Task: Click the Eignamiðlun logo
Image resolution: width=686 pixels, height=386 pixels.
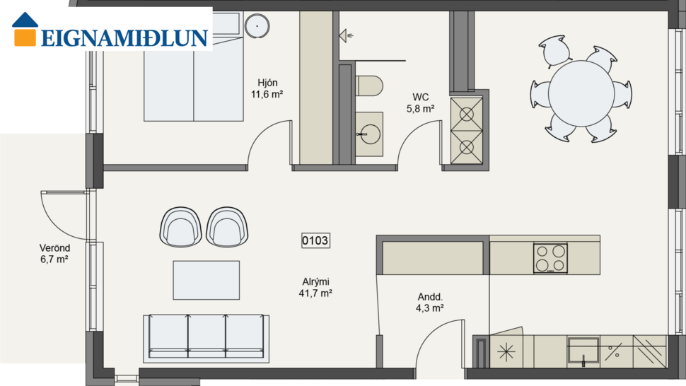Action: (110, 30)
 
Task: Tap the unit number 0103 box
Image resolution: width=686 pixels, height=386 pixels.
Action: (315, 241)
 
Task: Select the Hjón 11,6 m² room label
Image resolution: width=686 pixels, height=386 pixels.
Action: (267, 88)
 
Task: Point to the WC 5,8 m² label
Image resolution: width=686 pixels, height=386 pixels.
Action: (420, 103)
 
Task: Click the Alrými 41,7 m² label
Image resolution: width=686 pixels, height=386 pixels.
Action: (315, 287)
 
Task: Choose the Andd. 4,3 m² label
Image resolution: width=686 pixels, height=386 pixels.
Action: (429, 303)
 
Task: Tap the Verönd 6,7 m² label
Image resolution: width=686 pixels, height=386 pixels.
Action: (54, 254)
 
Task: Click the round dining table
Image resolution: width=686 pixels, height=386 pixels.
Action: (581, 93)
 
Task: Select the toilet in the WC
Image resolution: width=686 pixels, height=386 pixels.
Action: (368, 86)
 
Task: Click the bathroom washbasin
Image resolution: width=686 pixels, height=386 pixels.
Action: (368, 133)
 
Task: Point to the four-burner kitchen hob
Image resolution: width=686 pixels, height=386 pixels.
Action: (550, 258)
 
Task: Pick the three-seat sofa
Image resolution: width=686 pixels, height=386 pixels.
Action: (207, 337)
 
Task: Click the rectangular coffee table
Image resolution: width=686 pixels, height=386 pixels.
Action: (207, 280)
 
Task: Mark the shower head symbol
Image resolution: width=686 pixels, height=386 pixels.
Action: (347, 35)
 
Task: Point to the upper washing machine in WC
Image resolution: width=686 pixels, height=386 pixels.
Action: (467, 113)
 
